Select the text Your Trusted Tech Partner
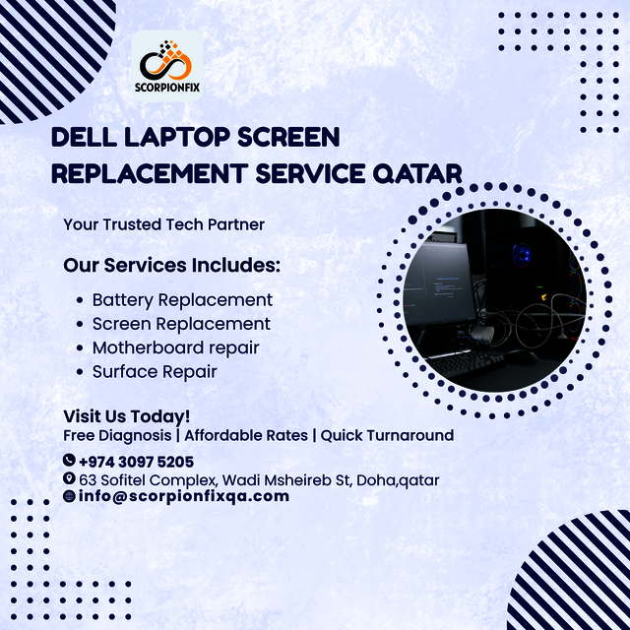pyautogui.click(x=163, y=224)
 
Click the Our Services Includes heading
pyautogui.click(x=172, y=266)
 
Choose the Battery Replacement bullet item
pyautogui.click(x=182, y=299)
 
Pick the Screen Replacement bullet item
pyautogui.click(x=181, y=323)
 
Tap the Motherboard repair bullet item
pyautogui.click(x=175, y=347)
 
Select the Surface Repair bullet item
pyautogui.click(x=155, y=371)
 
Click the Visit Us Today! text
pyautogui.click(x=127, y=416)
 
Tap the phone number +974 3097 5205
pyautogui.click(x=136, y=461)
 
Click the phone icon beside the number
pyautogui.click(x=69, y=460)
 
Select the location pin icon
pyautogui.click(x=69, y=478)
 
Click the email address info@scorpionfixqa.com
pyautogui.click(x=184, y=496)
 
